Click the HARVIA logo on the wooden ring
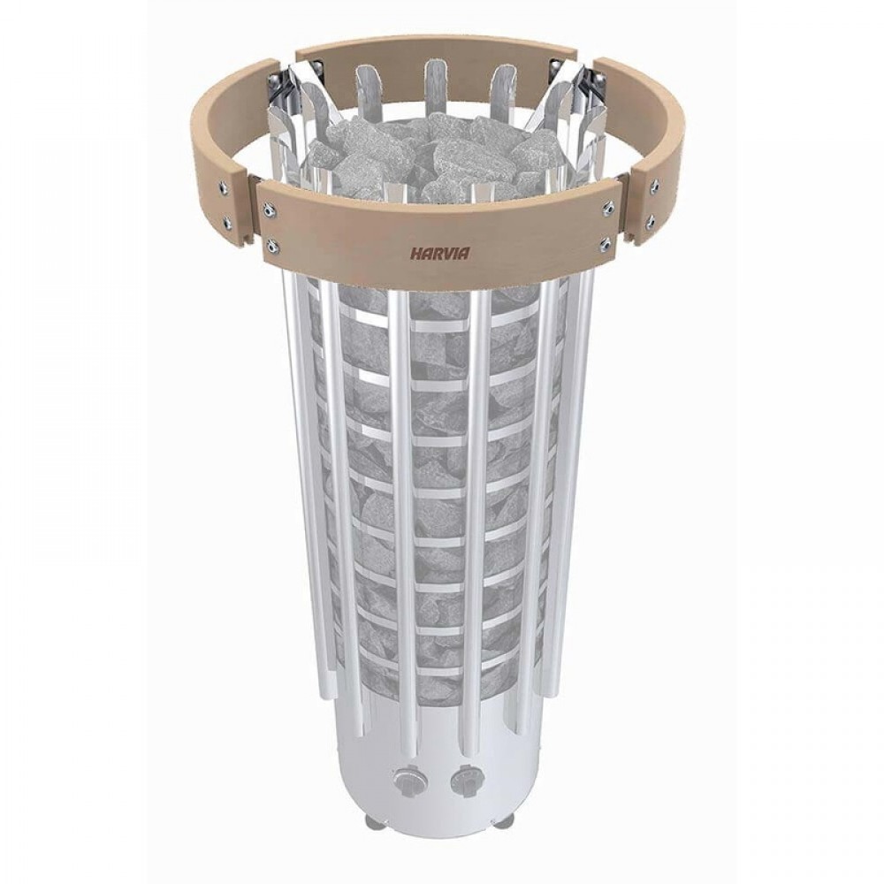coord(439,254)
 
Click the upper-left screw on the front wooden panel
coord(269,210)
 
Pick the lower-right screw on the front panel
coord(606,243)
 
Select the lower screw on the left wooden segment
coord(227,221)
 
